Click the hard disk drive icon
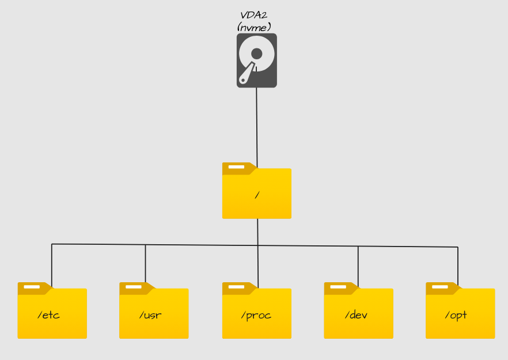point(256,60)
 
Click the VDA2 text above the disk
point(253,15)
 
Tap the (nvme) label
point(253,26)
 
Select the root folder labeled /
point(256,193)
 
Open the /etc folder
point(52,312)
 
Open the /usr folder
point(154,312)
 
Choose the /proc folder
point(256,312)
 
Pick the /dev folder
point(358,312)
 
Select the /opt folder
point(460,312)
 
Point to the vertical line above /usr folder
point(145,264)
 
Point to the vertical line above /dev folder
point(358,265)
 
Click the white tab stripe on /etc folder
point(31,286)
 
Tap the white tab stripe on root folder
point(236,167)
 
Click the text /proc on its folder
point(256,316)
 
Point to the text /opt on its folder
point(456,316)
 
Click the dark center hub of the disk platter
point(257,54)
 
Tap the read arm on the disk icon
point(247,74)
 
